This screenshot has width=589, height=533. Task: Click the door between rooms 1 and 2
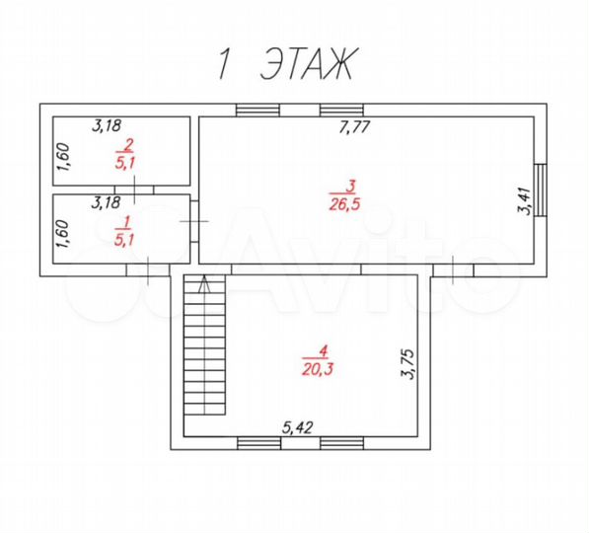pyautogui.click(x=129, y=189)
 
